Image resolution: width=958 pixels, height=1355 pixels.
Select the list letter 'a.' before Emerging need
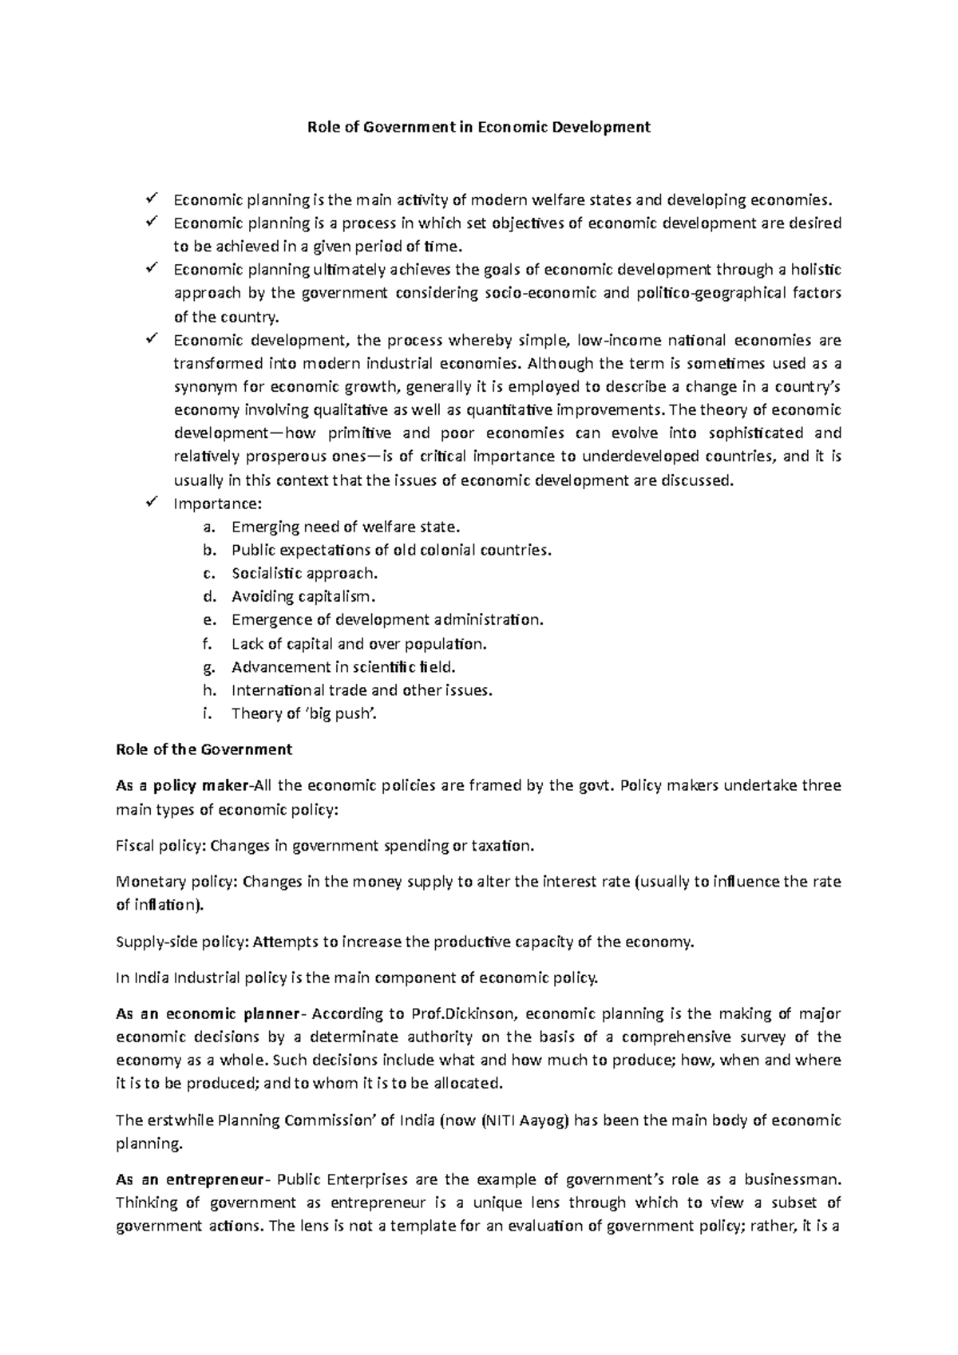[x=209, y=527]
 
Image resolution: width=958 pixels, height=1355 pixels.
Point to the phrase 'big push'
[x=344, y=714]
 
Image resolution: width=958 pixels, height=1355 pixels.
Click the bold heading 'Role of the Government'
[x=204, y=750]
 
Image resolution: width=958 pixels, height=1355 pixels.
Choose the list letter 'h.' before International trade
[x=210, y=691]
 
